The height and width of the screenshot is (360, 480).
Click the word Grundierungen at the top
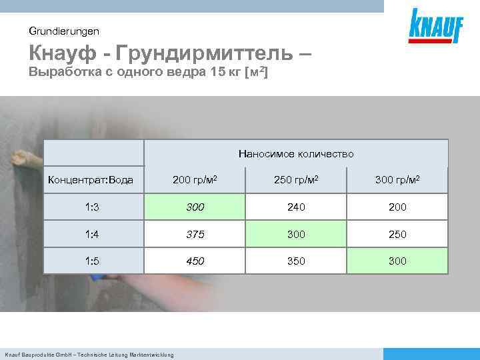[64, 31]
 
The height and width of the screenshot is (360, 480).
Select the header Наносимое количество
[296, 153]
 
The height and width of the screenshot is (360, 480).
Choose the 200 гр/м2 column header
[195, 180]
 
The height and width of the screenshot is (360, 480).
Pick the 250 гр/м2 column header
[296, 180]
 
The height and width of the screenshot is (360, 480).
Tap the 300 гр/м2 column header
[397, 180]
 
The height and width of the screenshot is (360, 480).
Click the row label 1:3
[93, 207]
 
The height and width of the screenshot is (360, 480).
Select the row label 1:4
[93, 234]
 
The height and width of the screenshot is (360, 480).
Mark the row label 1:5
[93, 261]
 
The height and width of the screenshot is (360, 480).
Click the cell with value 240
[296, 207]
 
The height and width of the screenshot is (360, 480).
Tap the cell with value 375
[195, 234]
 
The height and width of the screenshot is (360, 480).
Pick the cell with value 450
[195, 261]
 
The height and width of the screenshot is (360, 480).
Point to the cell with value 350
[296, 261]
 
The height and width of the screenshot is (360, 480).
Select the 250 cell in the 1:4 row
[397, 234]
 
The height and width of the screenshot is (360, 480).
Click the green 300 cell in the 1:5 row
[397, 261]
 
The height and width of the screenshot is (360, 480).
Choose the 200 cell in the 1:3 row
[397, 207]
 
